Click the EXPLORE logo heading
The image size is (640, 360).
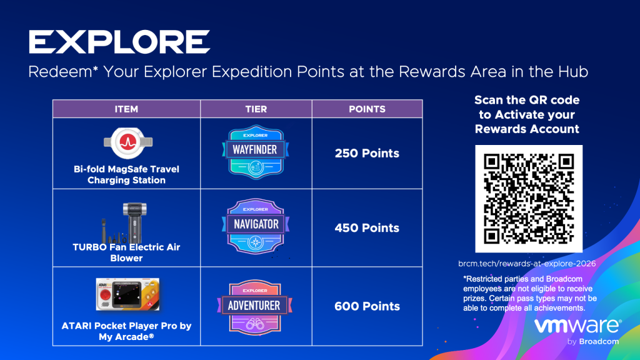tap(119, 42)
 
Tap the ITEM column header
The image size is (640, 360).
tap(126, 109)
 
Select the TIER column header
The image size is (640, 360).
tap(256, 109)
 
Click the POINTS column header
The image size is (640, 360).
tap(367, 109)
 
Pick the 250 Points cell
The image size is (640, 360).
tap(367, 153)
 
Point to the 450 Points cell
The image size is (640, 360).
tap(367, 227)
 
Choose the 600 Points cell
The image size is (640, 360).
tap(367, 306)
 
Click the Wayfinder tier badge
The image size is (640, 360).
tap(256, 152)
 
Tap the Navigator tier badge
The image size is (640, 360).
tap(256, 226)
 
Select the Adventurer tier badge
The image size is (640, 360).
tap(255, 307)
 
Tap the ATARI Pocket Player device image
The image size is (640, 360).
tap(127, 294)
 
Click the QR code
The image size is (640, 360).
tap(529, 199)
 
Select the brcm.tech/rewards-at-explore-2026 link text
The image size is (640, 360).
tap(527, 264)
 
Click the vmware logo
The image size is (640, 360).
tap(577, 326)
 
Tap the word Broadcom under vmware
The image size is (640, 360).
tap(599, 342)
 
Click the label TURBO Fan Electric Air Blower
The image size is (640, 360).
tap(126, 252)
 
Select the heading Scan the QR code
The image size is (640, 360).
tap(527, 100)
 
